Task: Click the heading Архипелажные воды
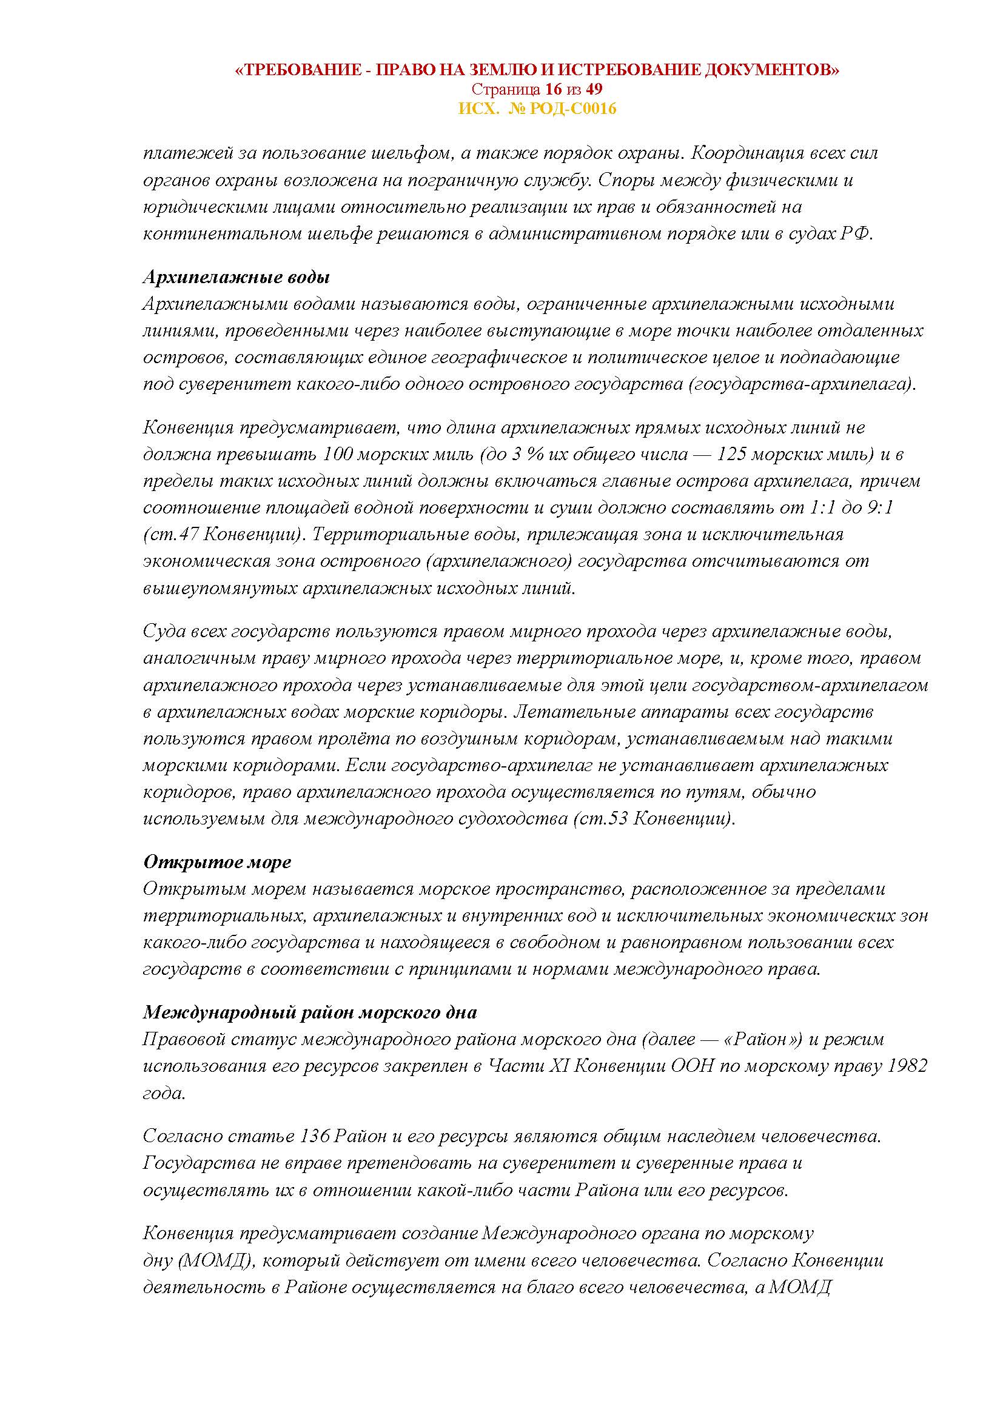tap(236, 277)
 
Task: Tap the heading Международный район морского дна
tap(310, 1013)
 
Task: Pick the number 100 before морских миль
tap(337, 454)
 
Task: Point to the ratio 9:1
tap(878, 507)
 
